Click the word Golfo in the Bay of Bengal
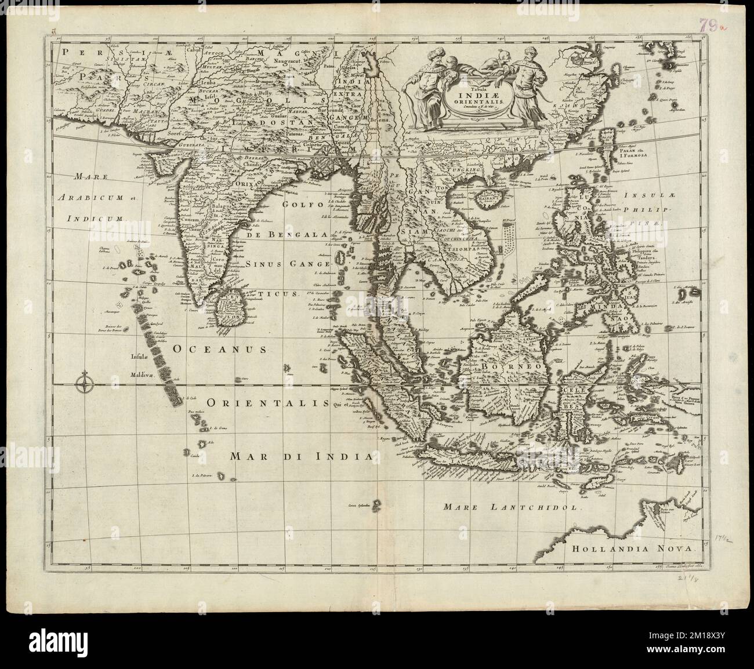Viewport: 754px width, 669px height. point(297,203)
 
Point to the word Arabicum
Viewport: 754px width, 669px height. point(96,198)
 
